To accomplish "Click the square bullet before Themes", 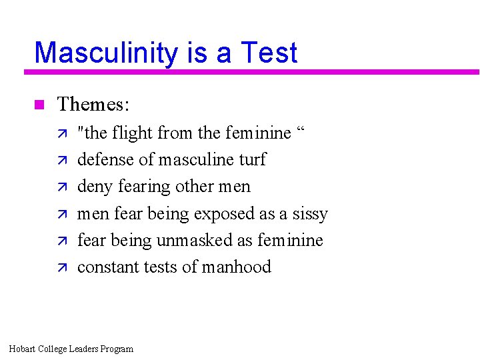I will [x=38, y=104].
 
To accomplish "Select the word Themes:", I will [x=93, y=104].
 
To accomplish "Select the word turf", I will [x=253, y=160].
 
